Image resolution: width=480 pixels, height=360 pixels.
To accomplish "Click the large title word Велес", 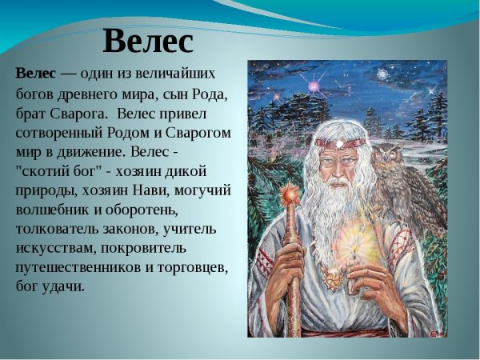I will [149, 40].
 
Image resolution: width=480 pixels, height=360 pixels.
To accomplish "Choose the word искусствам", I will [56, 247].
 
